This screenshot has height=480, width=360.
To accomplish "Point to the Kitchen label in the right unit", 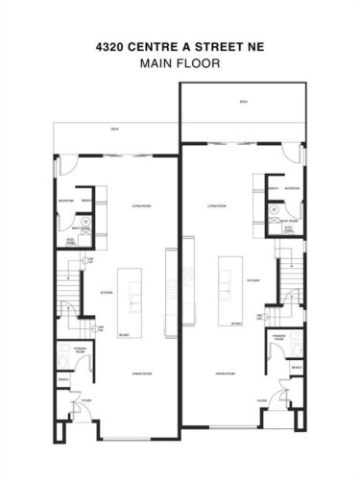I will point(253,280).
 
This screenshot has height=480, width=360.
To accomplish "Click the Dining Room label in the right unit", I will point(225,372).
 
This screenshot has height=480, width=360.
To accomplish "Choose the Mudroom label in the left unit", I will point(67,201).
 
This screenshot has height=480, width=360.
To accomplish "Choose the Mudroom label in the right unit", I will point(292,189).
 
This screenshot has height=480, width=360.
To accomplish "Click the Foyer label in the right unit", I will point(261,400).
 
